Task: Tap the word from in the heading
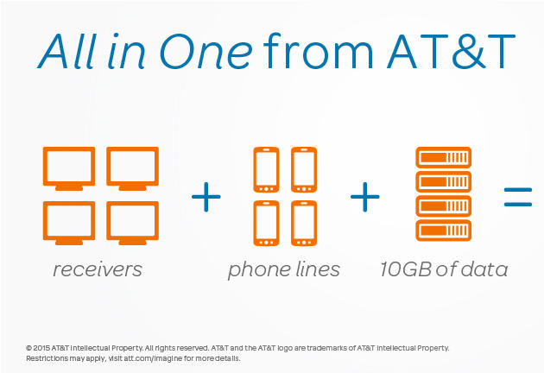click(x=318, y=51)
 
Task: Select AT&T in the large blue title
click(x=451, y=52)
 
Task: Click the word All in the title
click(x=67, y=51)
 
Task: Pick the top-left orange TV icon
click(x=69, y=168)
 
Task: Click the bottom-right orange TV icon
click(x=132, y=223)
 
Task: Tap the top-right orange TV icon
click(x=132, y=168)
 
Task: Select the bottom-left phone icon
click(x=266, y=224)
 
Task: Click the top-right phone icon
click(x=304, y=170)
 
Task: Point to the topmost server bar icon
click(x=443, y=157)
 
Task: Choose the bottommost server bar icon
click(x=443, y=231)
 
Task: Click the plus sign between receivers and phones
click(x=206, y=197)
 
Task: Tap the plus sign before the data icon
click(x=365, y=197)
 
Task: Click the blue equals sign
click(x=518, y=197)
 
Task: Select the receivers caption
click(x=98, y=269)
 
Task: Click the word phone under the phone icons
click(x=260, y=270)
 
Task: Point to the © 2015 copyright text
click(x=39, y=348)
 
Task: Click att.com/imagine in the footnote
click(x=153, y=358)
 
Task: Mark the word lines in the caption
click(x=319, y=269)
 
